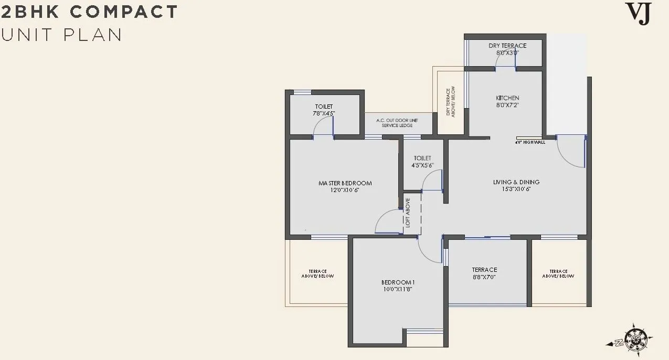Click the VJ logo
[x=639, y=14]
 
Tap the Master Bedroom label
[x=345, y=183]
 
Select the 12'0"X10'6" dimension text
[x=345, y=190]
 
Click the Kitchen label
[x=507, y=98]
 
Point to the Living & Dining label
[x=516, y=182]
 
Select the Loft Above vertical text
[x=408, y=213]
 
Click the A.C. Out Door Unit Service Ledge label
[x=398, y=123]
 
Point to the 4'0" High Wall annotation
[x=530, y=142]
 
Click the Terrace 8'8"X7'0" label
[x=484, y=273]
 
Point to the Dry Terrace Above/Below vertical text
[x=450, y=101]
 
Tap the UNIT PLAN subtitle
[x=61, y=35]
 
